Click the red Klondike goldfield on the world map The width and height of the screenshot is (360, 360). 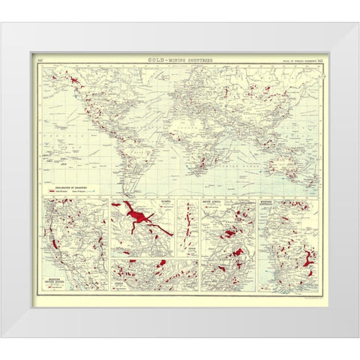(76, 79)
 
